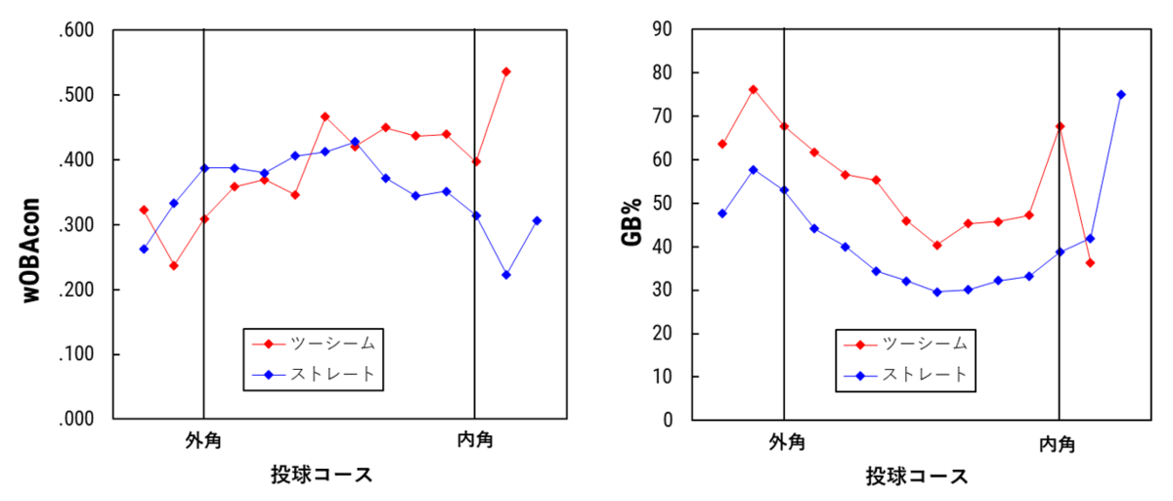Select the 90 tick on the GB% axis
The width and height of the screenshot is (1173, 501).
pos(665,29)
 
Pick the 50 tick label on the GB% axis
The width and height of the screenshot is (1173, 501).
pos(665,204)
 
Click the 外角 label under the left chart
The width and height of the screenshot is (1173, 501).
pos(203,440)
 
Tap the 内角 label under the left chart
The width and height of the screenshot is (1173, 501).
pos(475,440)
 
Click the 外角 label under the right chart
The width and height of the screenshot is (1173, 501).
pos(786,443)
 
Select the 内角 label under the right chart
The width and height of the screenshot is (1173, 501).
pos(1058,444)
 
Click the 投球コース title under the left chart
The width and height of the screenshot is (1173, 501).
pos(322,476)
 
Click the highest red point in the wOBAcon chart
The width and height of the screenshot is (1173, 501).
pos(506,71)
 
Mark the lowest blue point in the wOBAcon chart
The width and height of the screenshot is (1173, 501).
pos(506,275)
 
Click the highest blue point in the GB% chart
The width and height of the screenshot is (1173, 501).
pos(1121,95)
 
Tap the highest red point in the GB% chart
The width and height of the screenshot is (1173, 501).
pos(754,89)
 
